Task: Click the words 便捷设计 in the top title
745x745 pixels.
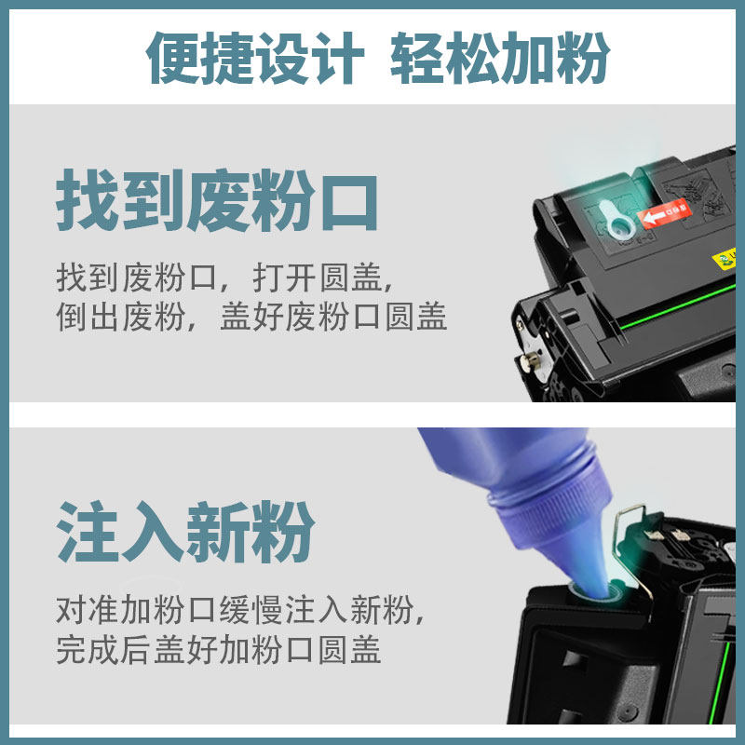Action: click(x=255, y=58)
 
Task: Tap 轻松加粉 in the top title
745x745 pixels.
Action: click(x=500, y=58)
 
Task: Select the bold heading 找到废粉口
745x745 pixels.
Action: click(x=217, y=200)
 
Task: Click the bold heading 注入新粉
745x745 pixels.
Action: click(x=185, y=531)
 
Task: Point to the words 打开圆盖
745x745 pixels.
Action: click(x=318, y=278)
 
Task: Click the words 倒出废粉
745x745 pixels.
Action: click(x=120, y=317)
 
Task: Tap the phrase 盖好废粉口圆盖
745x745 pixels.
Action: click(x=333, y=317)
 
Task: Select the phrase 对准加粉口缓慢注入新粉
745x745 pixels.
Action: click(x=234, y=610)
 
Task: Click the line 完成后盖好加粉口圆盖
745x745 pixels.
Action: click(x=219, y=649)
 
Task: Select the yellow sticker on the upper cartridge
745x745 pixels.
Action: click(x=725, y=260)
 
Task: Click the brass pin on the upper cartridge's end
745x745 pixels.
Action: click(x=530, y=359)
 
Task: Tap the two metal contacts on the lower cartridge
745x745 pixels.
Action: click(x=668, y=535)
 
